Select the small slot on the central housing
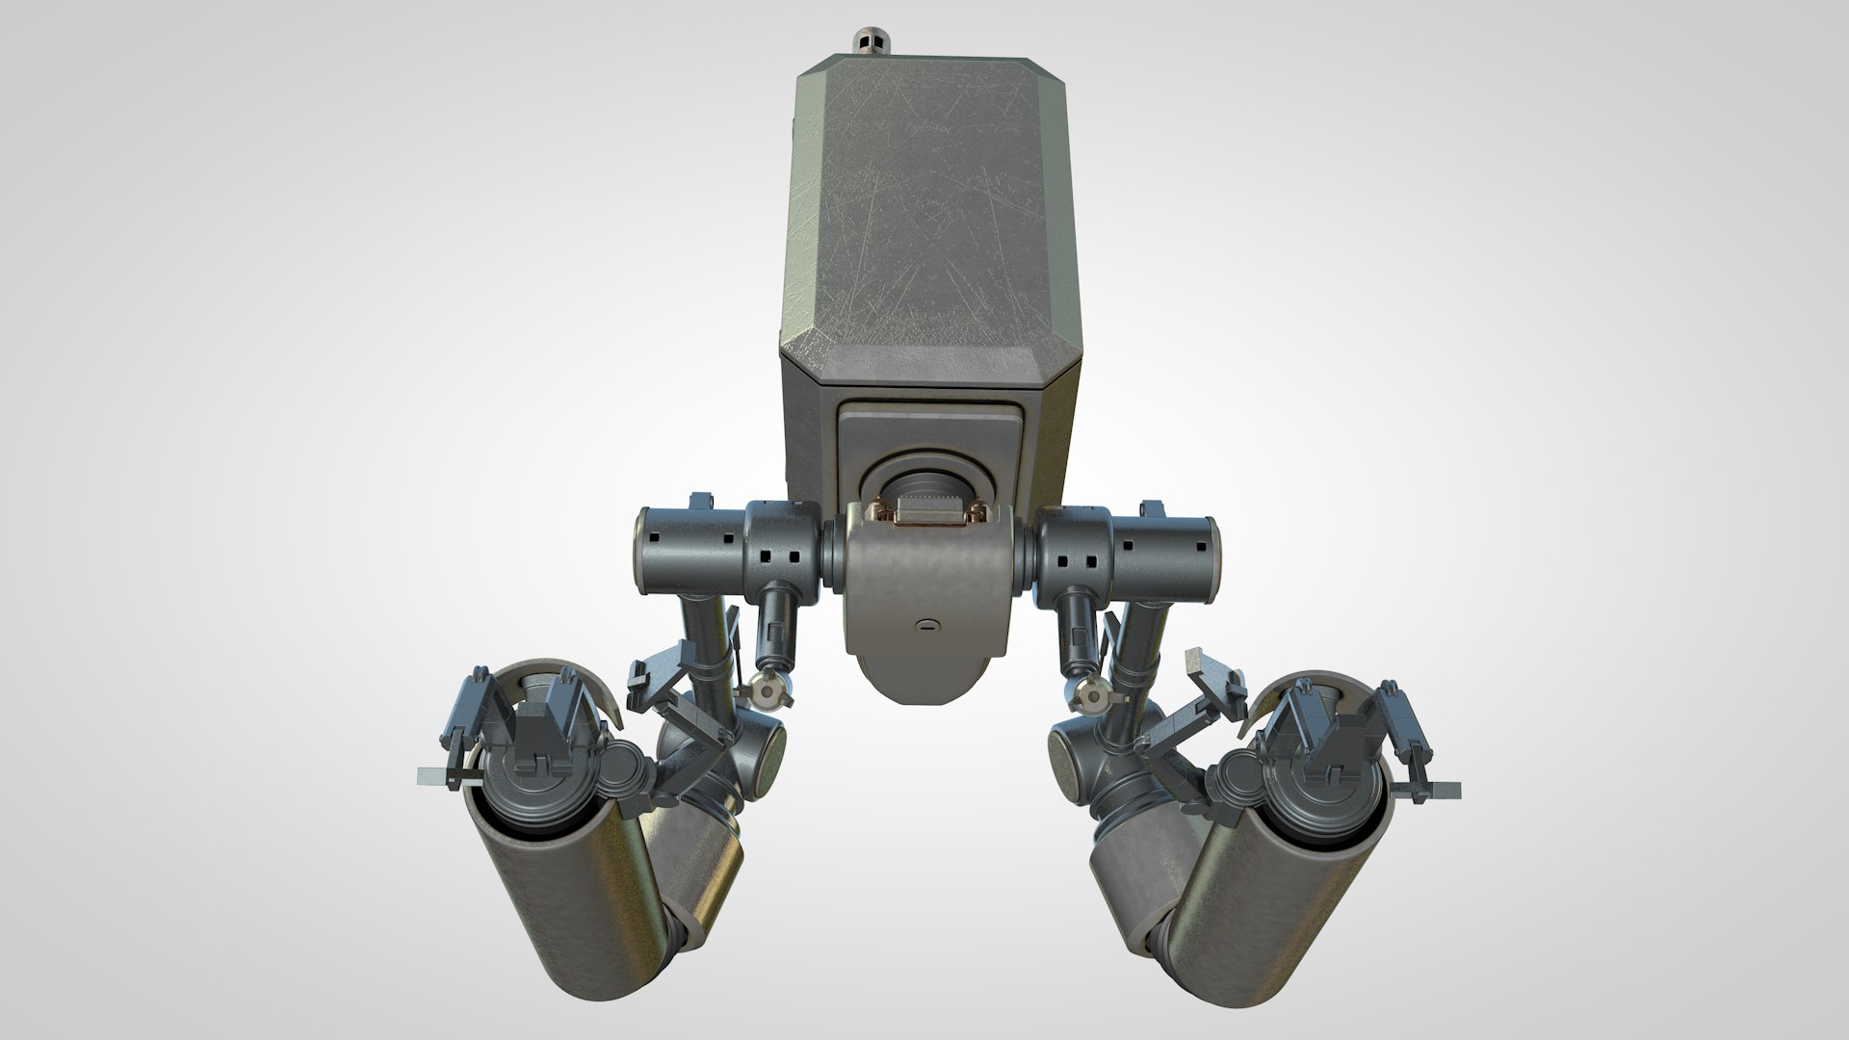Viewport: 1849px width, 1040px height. [x=925, y=625]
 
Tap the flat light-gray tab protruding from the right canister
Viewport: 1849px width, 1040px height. [x=1444, y=790]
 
